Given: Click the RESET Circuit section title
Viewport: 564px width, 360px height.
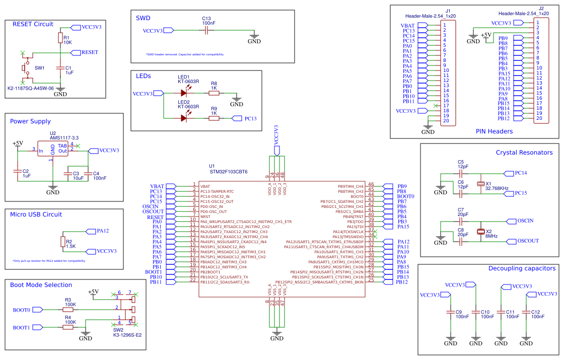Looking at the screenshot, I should click(33, 24).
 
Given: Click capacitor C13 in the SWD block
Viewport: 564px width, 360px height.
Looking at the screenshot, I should click(206, 31).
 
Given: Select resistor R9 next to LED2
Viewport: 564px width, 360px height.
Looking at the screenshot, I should click(214, 118).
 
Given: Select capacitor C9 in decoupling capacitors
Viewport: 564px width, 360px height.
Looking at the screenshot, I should click(451, 313).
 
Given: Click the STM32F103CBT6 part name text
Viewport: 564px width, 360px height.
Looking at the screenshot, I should click(228, 172).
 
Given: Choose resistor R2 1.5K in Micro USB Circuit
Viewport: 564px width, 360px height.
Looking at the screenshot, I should click(63, 242).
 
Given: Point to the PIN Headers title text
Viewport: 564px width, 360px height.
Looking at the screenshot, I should click(494, 131).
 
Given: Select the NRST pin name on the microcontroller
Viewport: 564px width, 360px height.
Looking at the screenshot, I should click(205, 217).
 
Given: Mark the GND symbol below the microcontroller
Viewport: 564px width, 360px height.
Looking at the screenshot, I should click(276, 335).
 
